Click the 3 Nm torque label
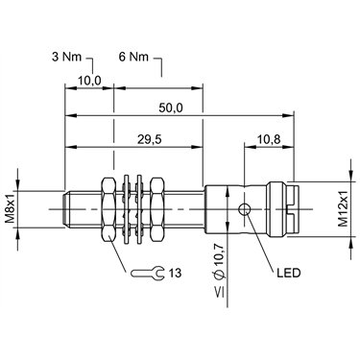pos(66,58)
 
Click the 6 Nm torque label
pos(133,58)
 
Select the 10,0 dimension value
pos(89,82)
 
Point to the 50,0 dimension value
pos(171,108)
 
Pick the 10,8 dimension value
pos(269,139)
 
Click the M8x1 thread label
pos(10,209)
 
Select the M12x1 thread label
pos(344,209)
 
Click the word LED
pos(289,273)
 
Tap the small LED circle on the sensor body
pos(245,209)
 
